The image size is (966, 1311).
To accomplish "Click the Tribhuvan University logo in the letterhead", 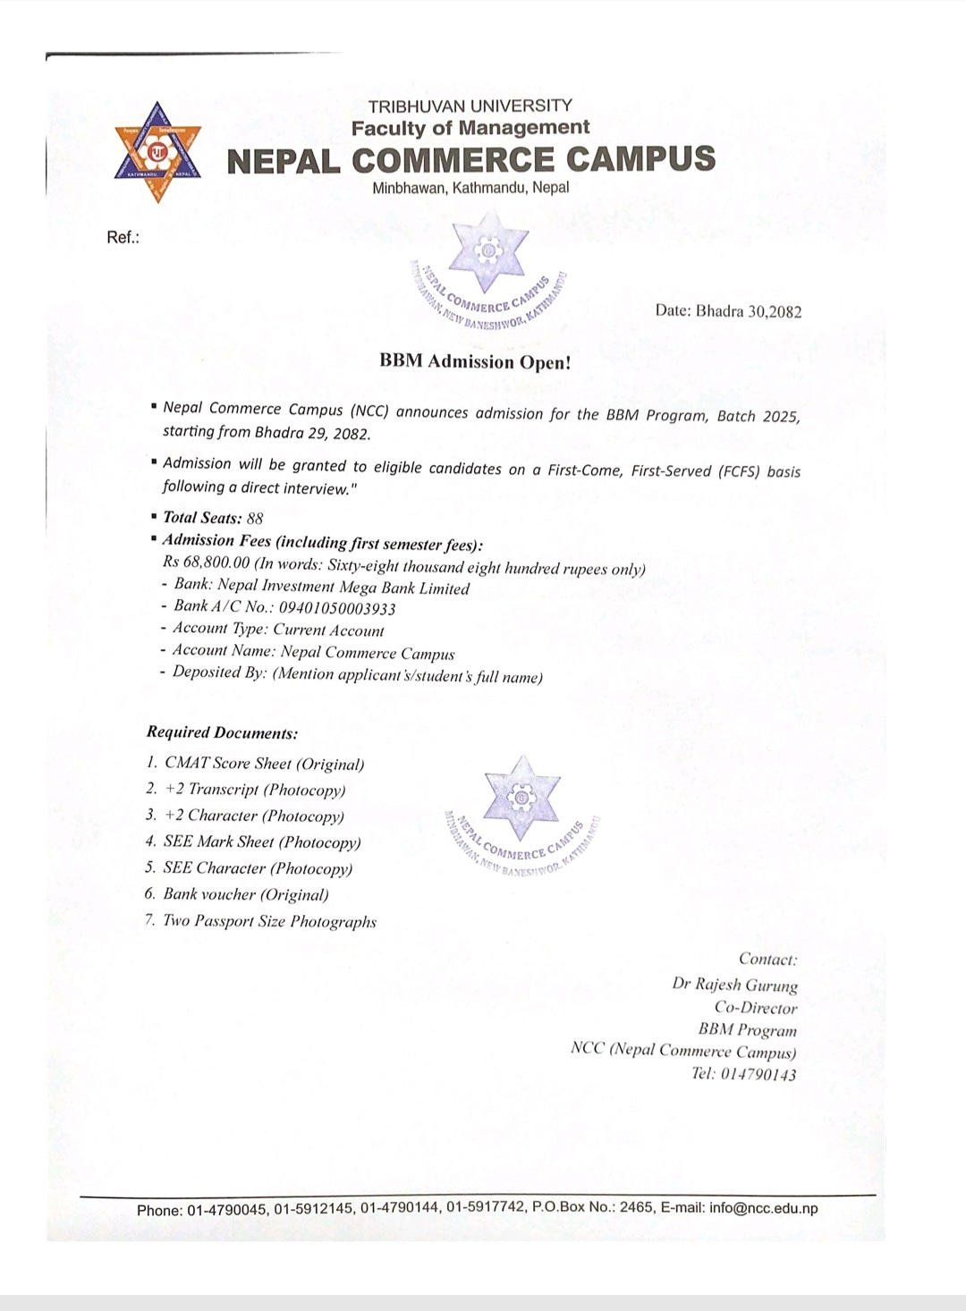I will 157,152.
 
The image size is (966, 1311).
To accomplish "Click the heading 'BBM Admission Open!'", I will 474,361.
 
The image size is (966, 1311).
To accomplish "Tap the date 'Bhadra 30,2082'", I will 749,311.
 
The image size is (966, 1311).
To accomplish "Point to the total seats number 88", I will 255,518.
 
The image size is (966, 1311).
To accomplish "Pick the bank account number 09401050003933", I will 331,608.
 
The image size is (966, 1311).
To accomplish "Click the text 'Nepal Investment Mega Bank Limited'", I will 343,588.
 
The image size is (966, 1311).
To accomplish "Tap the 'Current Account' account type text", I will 328,630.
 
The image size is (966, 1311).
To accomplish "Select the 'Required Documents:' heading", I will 222,732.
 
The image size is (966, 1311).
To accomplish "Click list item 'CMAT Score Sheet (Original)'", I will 265,764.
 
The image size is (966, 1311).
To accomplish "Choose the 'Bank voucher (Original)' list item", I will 246,894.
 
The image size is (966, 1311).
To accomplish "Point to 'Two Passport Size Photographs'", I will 269,921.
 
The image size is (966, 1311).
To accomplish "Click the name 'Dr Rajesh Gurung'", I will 734,984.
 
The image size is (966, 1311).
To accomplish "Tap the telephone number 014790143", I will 758,1074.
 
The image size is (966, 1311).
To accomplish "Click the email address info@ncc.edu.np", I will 763,1208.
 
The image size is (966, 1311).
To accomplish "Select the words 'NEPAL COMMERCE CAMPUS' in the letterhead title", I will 471,160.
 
